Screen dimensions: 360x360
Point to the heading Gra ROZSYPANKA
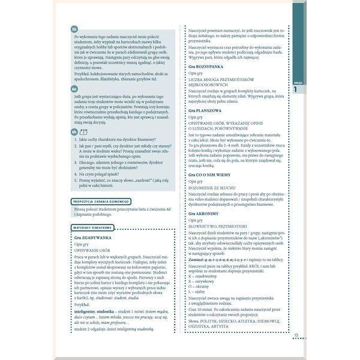point(209,83)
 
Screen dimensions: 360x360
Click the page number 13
point(296,335)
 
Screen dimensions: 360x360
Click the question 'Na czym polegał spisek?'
point(108,173)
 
